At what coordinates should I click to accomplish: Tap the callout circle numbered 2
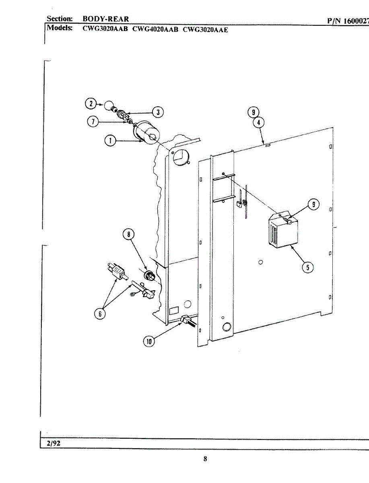91,103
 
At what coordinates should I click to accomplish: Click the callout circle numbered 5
307,267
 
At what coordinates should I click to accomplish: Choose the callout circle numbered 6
100,314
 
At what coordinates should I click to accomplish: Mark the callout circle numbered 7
93,121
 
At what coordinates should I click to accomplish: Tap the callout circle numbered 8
129,235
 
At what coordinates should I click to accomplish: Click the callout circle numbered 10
149,341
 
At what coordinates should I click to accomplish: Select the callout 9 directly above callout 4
254,113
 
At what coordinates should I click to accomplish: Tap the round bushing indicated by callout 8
150,276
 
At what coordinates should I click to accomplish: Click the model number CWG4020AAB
155,29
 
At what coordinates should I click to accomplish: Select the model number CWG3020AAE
205,29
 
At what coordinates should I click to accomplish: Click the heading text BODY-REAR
105,19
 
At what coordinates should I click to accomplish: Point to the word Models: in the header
60,28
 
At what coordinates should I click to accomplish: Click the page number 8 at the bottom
205,459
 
